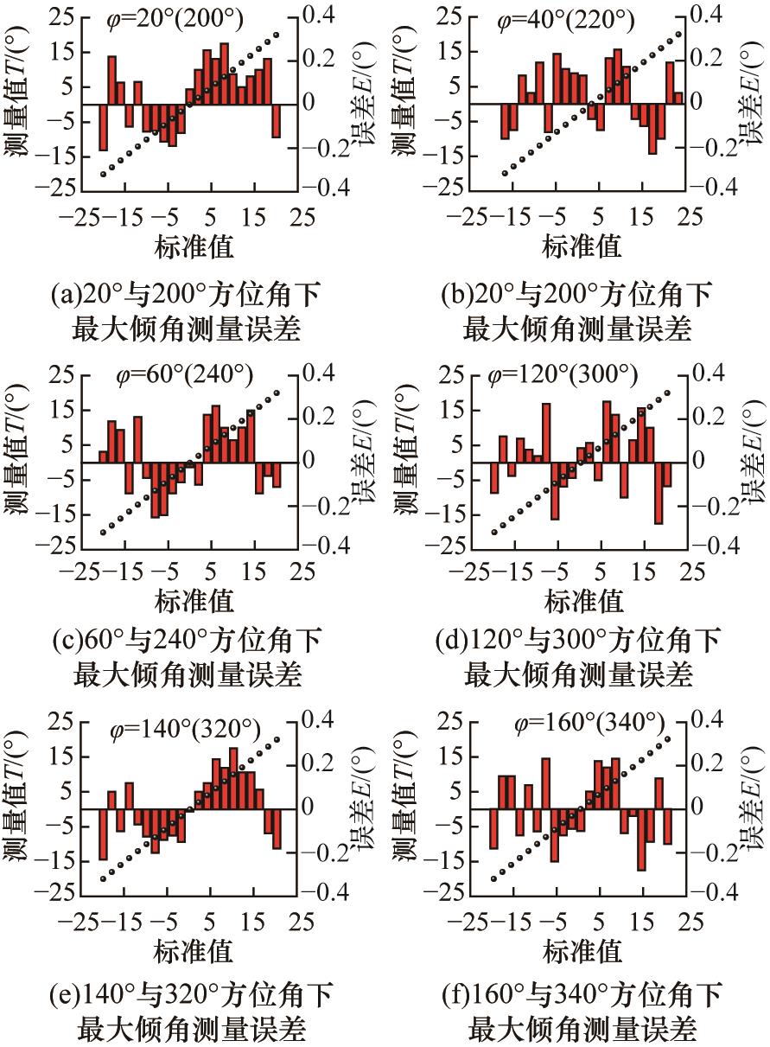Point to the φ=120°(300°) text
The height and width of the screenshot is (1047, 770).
(563, 376)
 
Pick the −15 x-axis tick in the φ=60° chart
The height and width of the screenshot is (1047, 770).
(127, 571)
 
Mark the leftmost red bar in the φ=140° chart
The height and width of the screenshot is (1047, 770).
(103, 833)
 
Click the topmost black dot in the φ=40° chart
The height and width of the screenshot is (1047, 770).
(678, 35)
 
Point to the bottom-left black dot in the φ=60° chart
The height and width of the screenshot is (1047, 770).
(103, 533)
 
